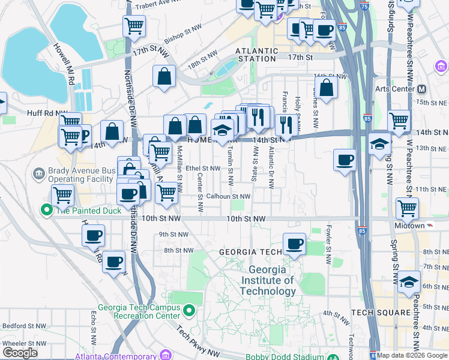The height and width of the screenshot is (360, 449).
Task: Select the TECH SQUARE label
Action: pyautogui.click(x=376, y=313)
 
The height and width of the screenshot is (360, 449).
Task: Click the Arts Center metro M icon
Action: pyautogui.click(x=421, y=89)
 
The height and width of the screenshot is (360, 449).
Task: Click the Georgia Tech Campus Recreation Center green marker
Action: pyautogui.click(x=189, y=311)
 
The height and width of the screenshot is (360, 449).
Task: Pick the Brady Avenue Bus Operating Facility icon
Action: pyautogui.click(x=38, y=174)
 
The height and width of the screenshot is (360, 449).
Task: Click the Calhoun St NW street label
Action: pyautogui.click(x=228, y=196)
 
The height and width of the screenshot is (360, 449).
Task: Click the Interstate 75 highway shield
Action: pyautogui.click(x=366, y=5)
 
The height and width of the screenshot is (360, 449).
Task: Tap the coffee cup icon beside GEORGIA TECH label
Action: pyautogui.click(x=294, y=244)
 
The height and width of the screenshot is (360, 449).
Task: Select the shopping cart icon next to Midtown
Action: pyautogui.click(x=408, y=209)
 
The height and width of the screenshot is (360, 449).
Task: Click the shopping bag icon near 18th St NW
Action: pyautogui.click(x=164, y=77)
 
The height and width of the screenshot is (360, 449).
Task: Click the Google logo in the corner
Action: pyautogui.click(x=20, y=353)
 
